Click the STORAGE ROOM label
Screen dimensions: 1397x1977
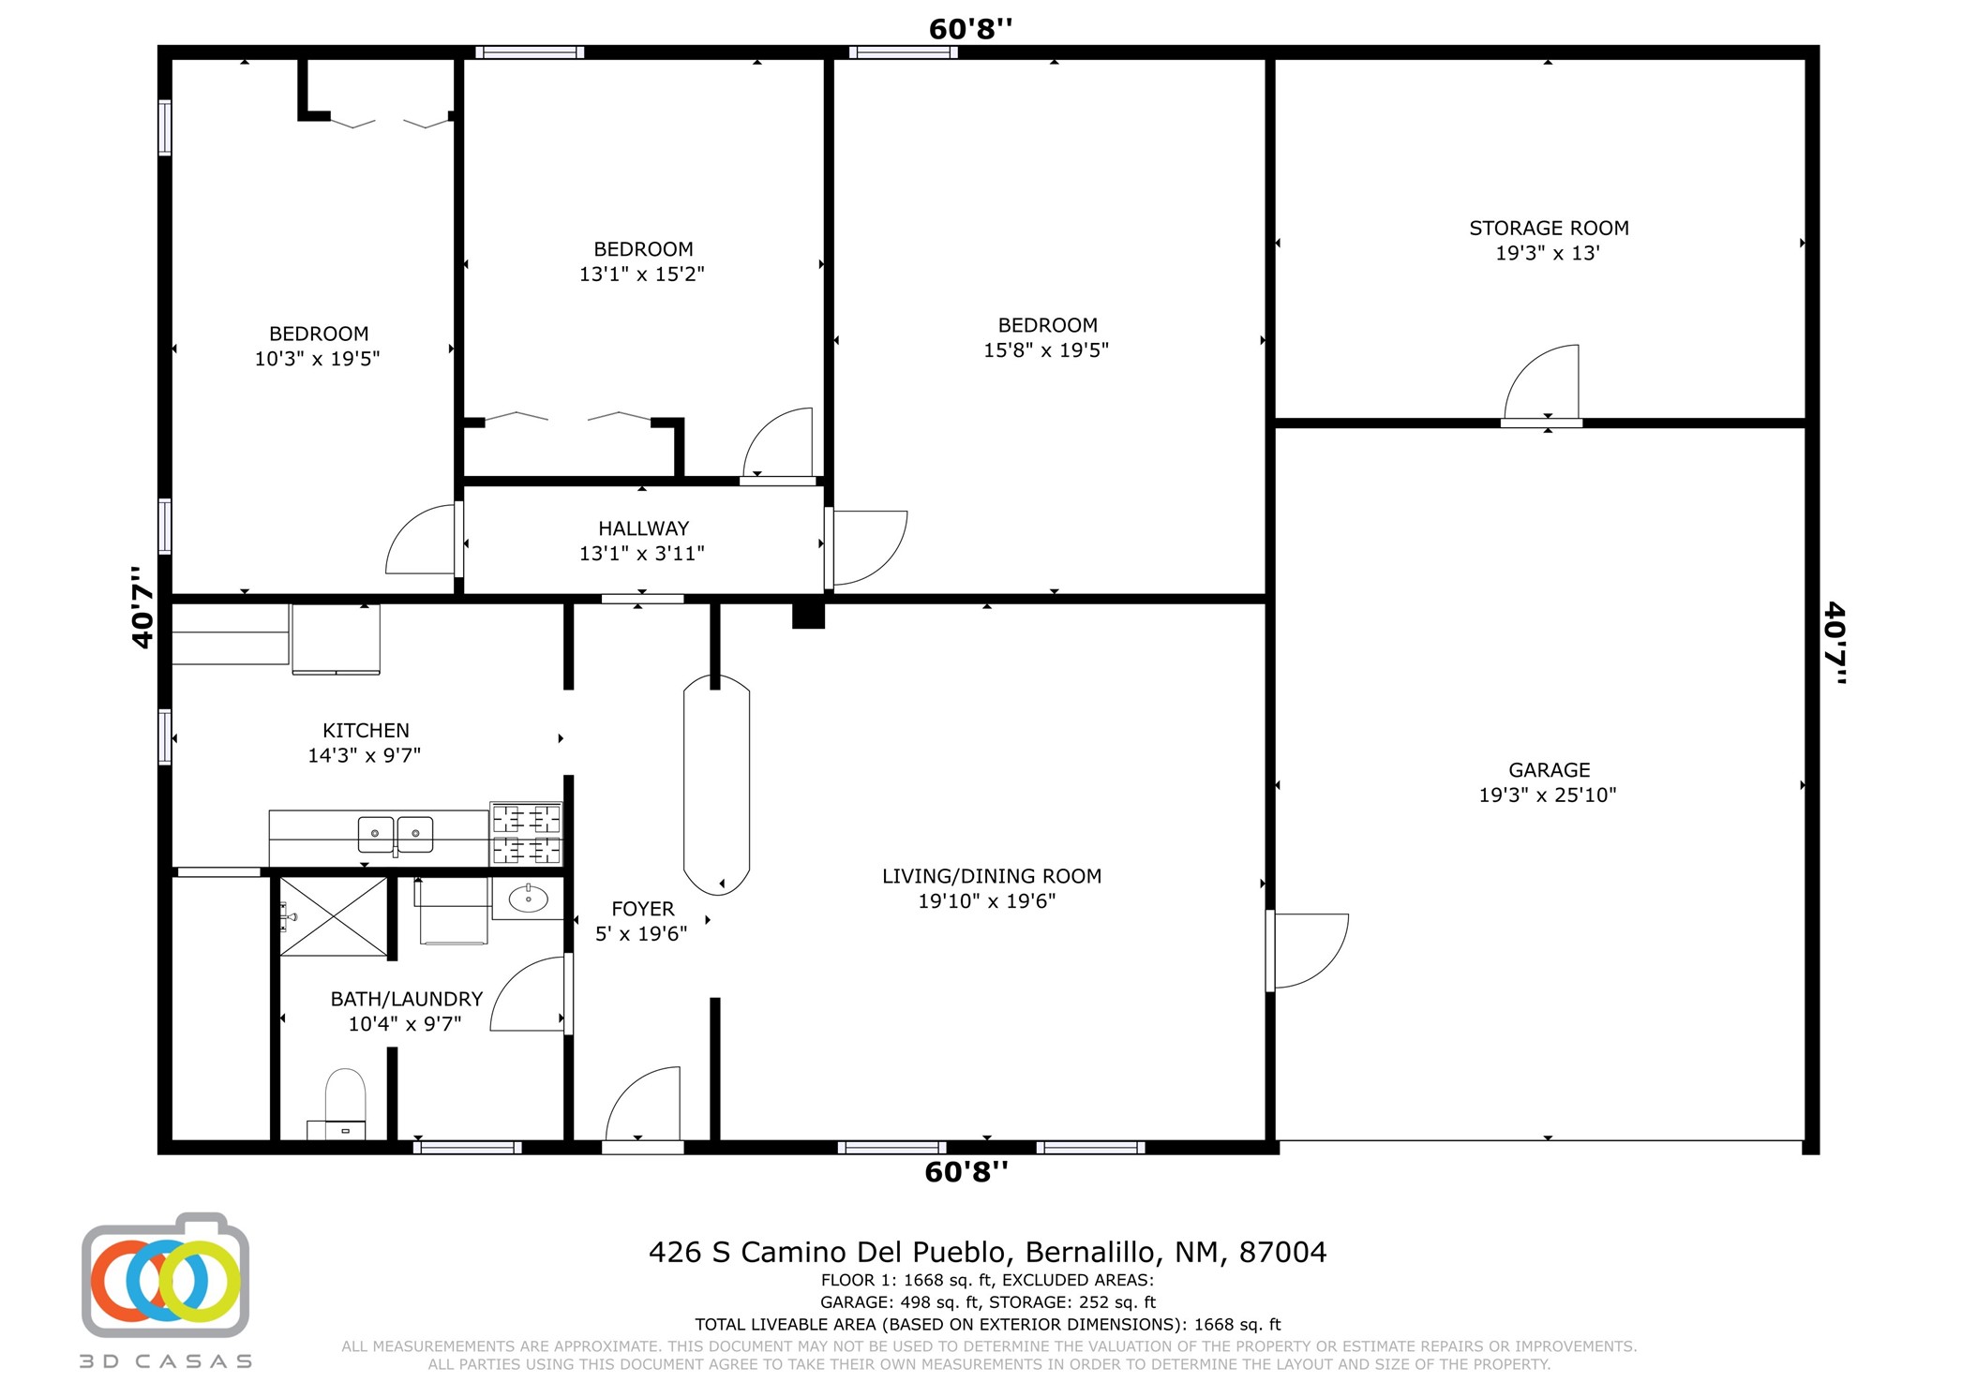1548,228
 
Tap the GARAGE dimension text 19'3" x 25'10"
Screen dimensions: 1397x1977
1547,795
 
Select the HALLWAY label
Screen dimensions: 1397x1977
643,528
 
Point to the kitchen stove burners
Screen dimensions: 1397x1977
526,834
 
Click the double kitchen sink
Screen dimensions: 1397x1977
395,833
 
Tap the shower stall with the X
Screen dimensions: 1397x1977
334,916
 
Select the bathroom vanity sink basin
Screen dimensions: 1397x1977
528,899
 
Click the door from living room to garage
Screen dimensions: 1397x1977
1308,950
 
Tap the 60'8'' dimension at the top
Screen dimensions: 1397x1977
970,29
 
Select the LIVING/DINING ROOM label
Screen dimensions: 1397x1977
991,876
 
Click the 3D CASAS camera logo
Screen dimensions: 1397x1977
165,1277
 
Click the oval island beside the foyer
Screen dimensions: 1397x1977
716,785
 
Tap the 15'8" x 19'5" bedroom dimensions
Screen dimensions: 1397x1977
1045,350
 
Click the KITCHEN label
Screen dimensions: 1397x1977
366,730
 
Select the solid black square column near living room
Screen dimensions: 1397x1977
808,615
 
